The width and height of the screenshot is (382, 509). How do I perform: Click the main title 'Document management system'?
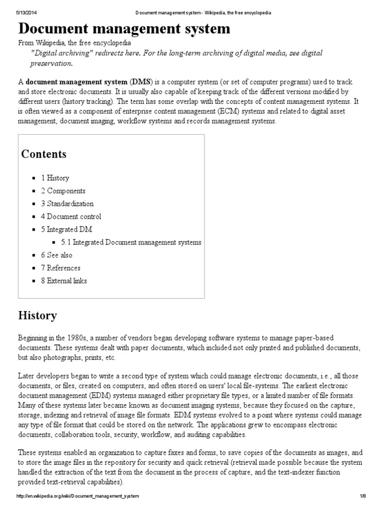click(x=124, y=29)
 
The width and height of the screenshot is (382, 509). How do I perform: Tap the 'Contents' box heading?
click(x=44, y=154)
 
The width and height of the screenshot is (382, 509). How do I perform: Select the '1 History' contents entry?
click(x=55, y=178)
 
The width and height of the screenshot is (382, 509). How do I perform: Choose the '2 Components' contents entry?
click(x=63, y=191)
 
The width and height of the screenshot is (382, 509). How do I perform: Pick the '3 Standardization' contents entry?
click(x=67, y=204)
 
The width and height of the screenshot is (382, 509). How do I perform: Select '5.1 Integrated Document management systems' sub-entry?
click(x=131, y=243)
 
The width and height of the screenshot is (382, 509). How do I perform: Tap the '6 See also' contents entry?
click(x=57, y=255)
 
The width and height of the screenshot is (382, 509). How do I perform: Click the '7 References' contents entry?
click(x=61, y=268)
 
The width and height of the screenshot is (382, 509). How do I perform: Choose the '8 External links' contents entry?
click(x=64, y=281)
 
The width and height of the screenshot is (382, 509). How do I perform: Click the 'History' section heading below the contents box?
click(x=37, y=316)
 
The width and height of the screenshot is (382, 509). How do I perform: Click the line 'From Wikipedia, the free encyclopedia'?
click(x=75, y=43)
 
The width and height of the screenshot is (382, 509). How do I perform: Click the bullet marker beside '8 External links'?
click(x=33, y=281)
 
